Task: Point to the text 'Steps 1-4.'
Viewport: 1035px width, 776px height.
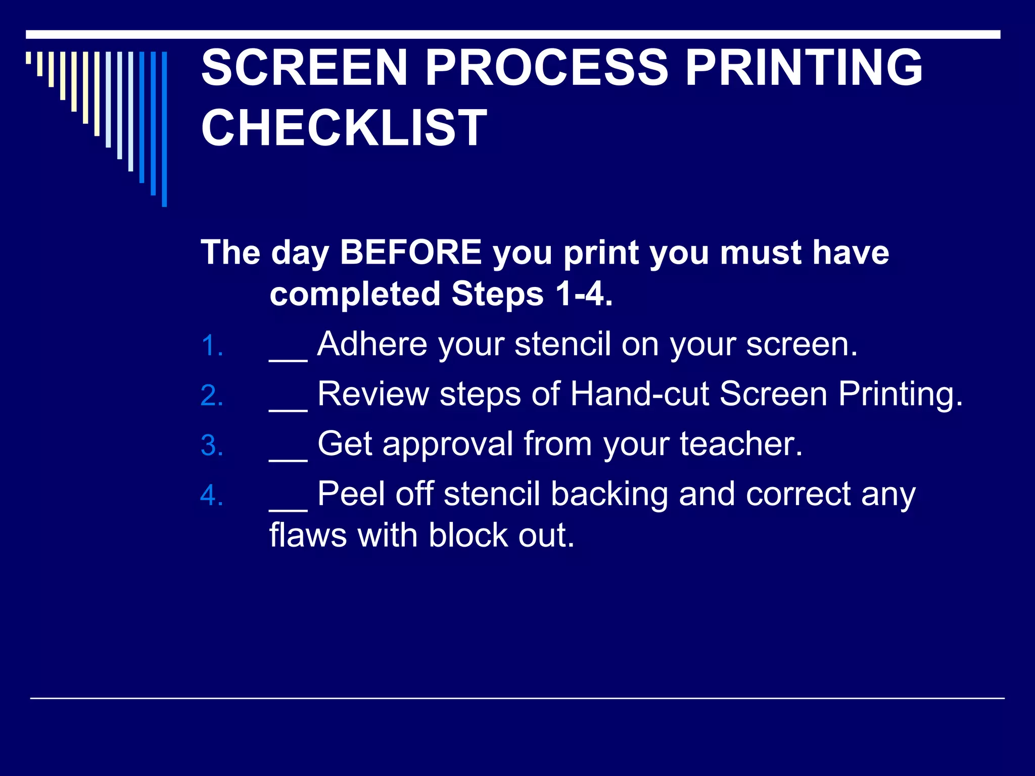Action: click(x=532, y=294)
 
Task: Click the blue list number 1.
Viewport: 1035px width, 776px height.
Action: click(x=212, y=347)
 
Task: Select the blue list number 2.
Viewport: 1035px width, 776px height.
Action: click(x=212, y=396)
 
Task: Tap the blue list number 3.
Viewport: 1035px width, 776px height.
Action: click(x=212, y=446)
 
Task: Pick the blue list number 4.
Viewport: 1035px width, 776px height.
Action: click(x=212, y=496)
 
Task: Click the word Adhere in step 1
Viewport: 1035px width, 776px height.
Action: click(x=372, y=345)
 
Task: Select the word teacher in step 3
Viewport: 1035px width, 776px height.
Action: click(x=741, y=444)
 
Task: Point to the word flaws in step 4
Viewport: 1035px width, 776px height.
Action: click(x=308, y=536)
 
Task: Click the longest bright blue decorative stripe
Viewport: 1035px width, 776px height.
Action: click(x=164, y=129)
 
